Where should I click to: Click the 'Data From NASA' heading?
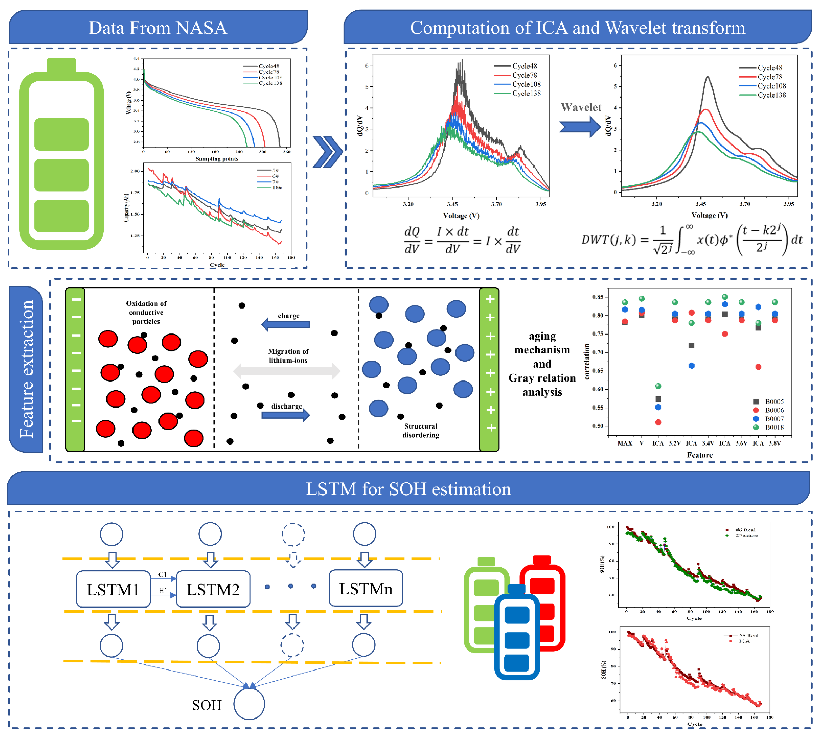pyautogui.click(x=158, y=27)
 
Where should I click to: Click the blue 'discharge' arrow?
pyautogui.click(x=286, y=415)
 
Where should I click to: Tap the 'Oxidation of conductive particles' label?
pyautogui.click(x=146, y=312)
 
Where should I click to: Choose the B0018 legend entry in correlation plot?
pyautogui.click(x=769, y=427)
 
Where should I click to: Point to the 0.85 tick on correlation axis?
pyautogui.click(x=598, y=297)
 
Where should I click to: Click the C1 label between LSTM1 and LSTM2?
pyautogui.click(x=162, y=574)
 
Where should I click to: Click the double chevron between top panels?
pyautogui.click(x=328, y=152)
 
